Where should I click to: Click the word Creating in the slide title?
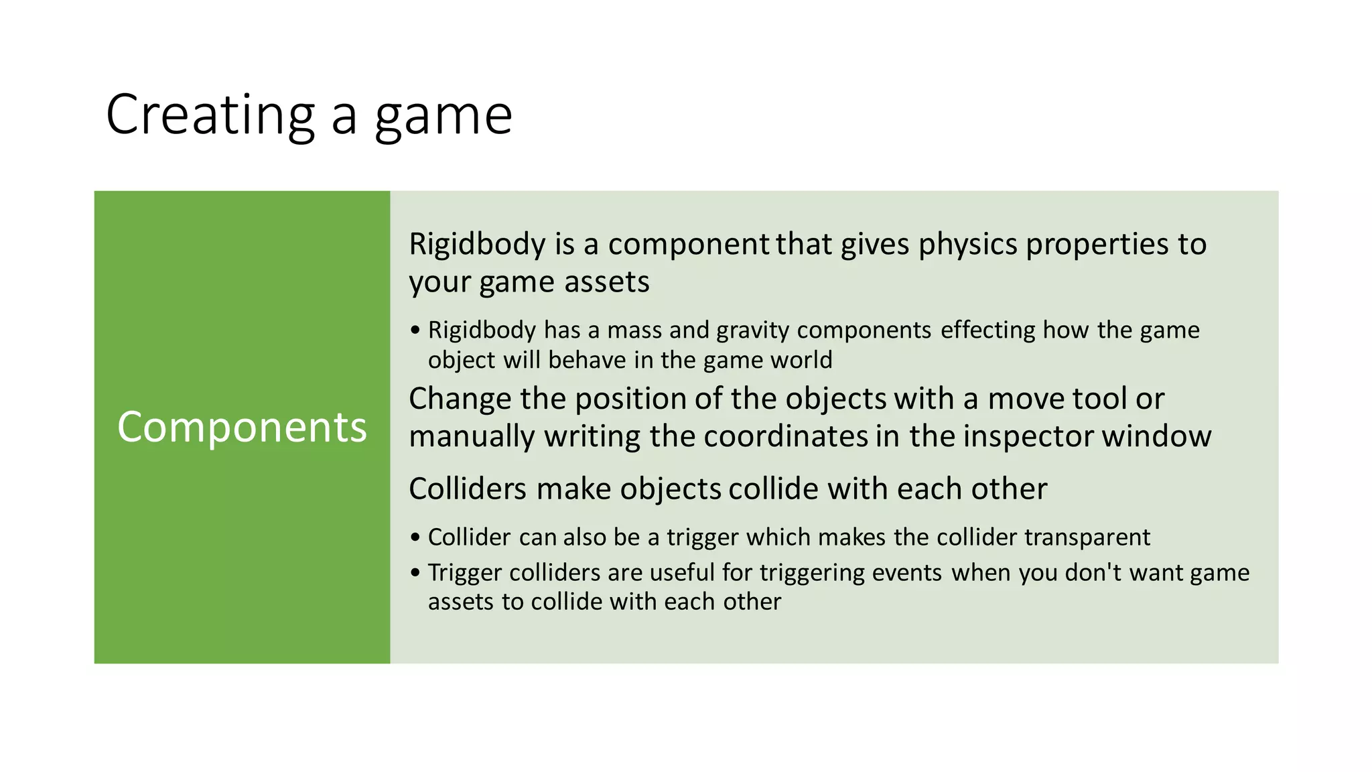210,115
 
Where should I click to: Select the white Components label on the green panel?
242,427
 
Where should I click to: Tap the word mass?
635,330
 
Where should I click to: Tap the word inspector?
1028,437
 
